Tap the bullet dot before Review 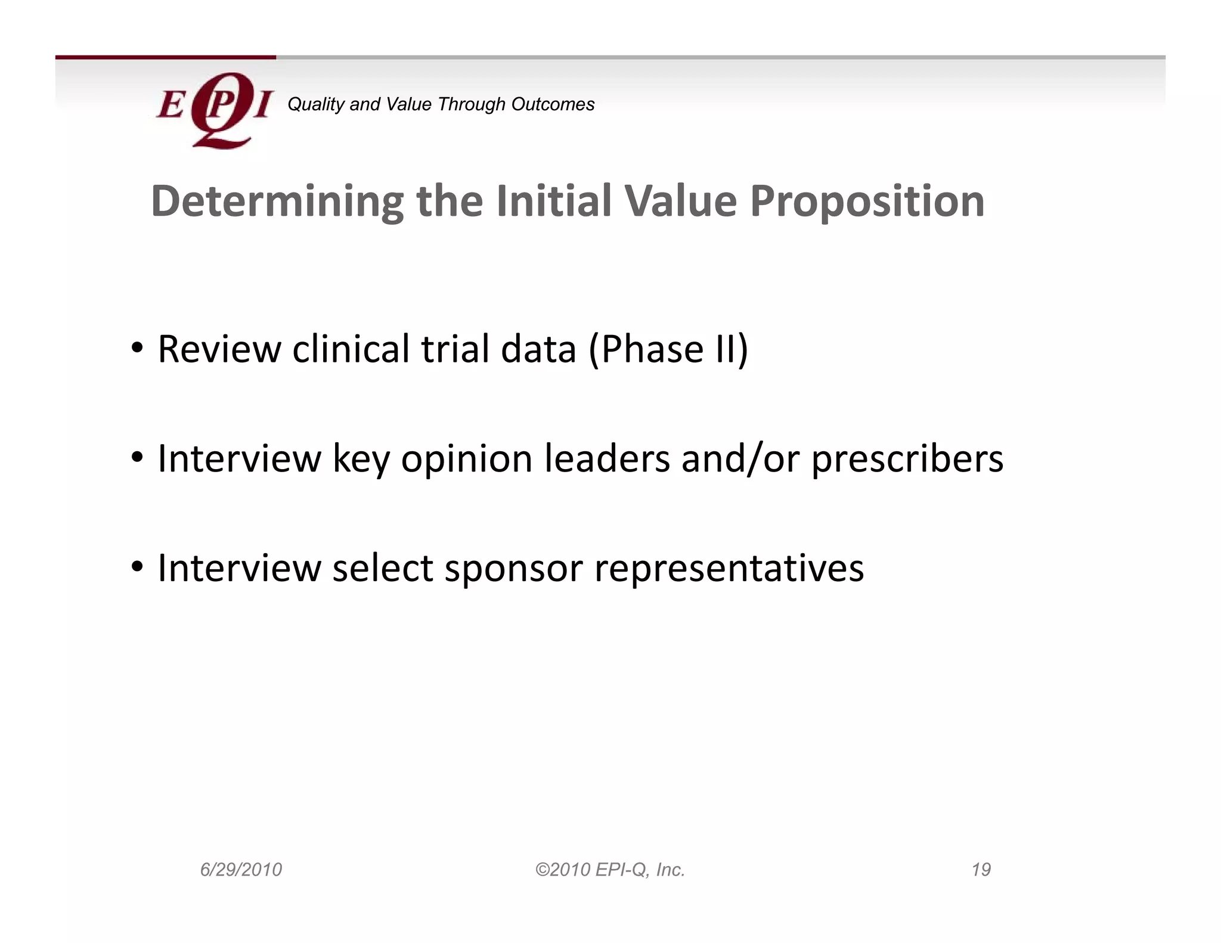137,348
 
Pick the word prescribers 907,459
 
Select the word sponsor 513,568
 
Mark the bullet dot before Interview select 137,567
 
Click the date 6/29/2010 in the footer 241,870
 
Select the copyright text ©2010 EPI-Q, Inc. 610,870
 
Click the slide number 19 981,870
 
